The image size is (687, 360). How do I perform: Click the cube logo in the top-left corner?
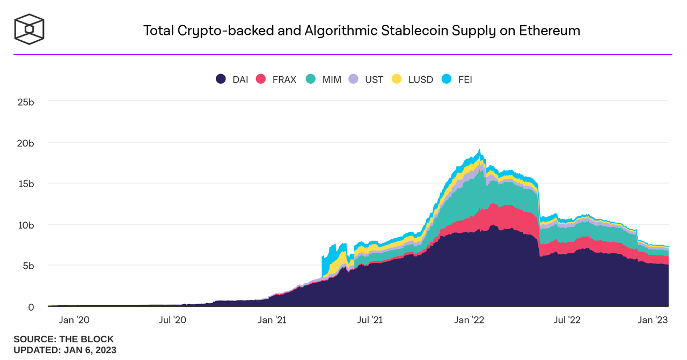[29, 28]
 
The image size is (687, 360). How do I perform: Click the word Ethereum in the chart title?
[550, 31]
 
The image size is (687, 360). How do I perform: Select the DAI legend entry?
[232, 79]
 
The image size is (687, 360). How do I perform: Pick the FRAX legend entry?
[276, 79]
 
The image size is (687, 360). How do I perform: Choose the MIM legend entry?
[324, 79]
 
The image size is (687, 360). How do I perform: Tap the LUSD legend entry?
[412, 79]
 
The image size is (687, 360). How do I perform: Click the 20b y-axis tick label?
[25, 143]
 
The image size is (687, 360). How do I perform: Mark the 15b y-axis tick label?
[25, 183]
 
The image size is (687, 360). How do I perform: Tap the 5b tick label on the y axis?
[28, 266]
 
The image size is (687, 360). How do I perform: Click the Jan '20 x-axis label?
[74, 320]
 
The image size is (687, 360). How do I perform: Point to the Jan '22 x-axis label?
[470, 320]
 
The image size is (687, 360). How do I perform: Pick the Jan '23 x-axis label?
[653, 320]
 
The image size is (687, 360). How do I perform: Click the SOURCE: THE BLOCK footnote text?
[63, 339]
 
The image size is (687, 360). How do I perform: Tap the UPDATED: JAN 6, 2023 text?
[64, 350]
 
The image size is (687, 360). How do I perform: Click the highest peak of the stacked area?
[479, 150]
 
